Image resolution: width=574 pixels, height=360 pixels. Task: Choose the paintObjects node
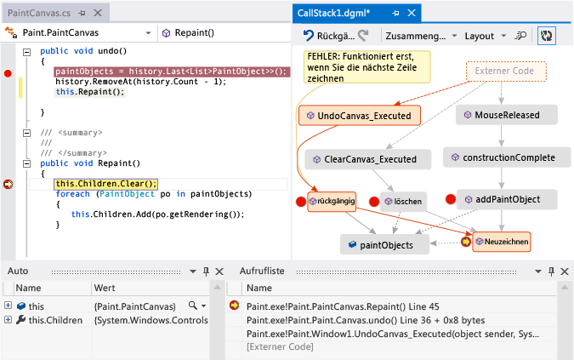pos(384,244)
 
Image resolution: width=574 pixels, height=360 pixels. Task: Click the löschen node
pos(403,202)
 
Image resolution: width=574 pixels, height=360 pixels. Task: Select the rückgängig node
pos(331,202)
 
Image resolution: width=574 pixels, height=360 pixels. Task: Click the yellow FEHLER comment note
pos(364,66)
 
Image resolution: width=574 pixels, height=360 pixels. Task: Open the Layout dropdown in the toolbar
pos(485,37)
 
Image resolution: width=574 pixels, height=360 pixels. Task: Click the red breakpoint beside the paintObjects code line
pos(9,73)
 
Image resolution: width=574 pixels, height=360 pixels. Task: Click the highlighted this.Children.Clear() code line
pos(105,183)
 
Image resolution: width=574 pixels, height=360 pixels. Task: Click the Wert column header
pos(105,289)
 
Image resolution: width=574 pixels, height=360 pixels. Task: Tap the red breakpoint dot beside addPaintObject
pos(451,199)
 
